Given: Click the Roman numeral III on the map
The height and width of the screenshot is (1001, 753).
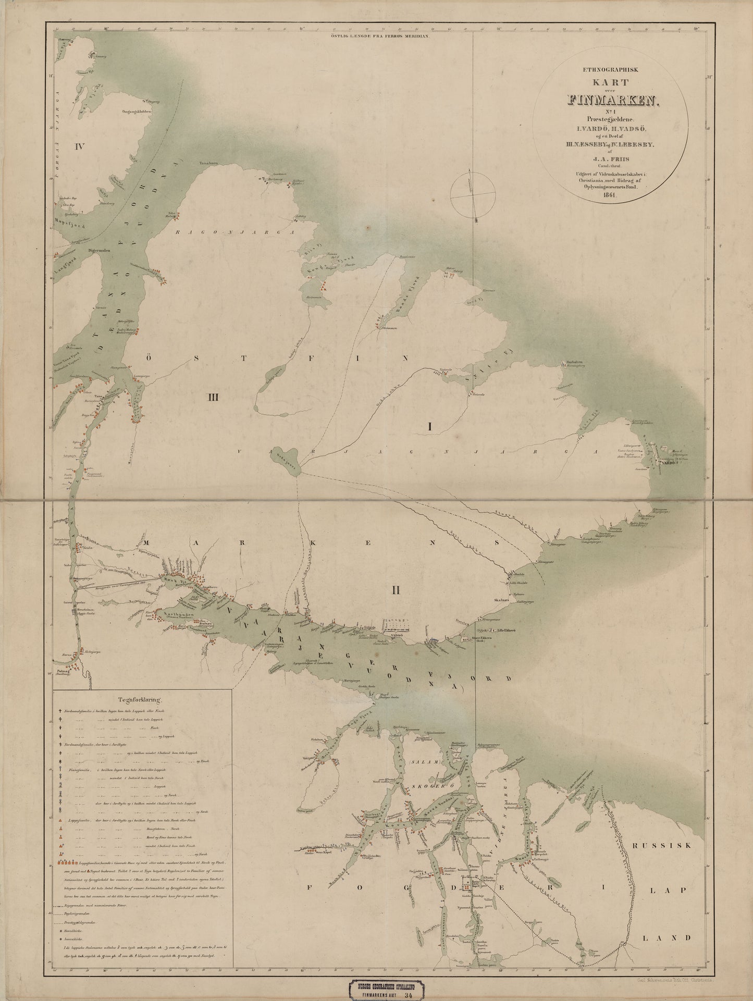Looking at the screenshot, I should pos(212,398).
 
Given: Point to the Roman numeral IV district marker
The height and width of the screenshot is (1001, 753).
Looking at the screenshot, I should pos(79,145).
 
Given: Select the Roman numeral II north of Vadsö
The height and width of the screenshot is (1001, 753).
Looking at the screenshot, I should pos(396,590).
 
